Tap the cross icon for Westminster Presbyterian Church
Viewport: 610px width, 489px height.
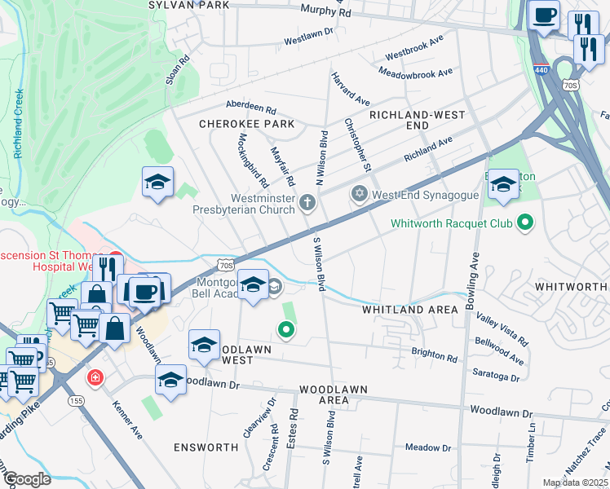pos(307,203)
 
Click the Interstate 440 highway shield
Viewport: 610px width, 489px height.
pos(542,68)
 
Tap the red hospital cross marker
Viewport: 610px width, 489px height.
pos(96,378)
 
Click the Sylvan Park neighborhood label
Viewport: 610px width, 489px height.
pos(189,5)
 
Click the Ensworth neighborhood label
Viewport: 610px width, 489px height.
pos(206,447)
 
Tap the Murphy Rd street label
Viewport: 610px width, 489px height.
pos(325,11)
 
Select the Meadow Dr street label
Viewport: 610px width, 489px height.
pos(428,447)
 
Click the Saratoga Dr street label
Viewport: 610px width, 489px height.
pos(496,375)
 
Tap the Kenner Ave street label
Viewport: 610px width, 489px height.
pos(127,418)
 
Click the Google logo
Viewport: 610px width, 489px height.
pos(26,479)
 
